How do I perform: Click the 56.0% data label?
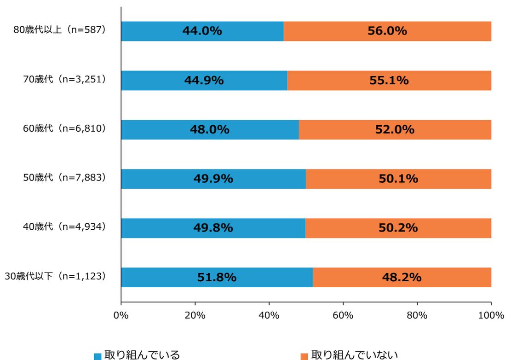tap(387, 31)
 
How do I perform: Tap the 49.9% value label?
tap(213, 179)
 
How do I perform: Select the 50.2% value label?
tap(398, 228)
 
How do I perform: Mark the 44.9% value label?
tap(204, 81)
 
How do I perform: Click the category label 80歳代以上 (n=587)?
tap(60, 31)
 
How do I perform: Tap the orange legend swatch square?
tap(304, 356)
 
